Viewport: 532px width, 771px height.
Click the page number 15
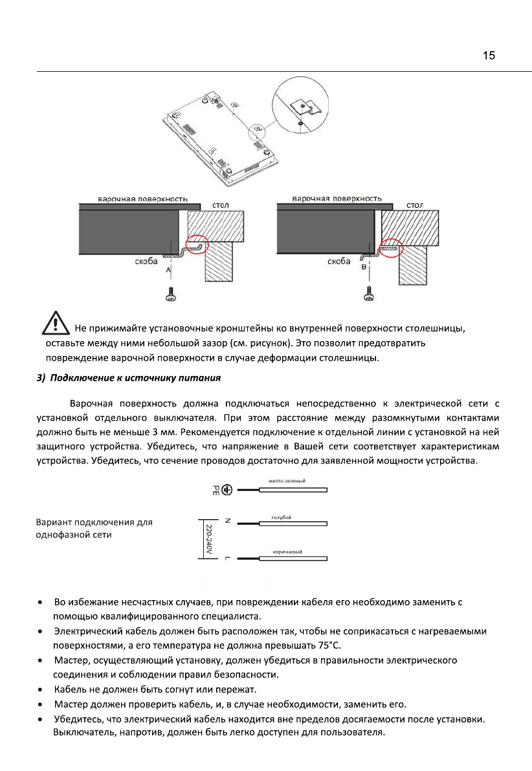click(x=489, y=56)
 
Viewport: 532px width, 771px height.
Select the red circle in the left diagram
click(x=197, y=247)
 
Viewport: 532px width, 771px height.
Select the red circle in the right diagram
click(x=390, y=247)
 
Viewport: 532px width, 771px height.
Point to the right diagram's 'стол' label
click(x=415, y=205)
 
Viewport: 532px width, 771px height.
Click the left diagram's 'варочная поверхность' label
click(x=142, y=198)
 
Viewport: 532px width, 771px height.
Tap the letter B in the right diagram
click(x=364, y=267)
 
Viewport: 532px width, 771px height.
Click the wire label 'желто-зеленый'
click(x=287, y=481)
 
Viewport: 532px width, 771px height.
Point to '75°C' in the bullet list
click(x=325, y=645)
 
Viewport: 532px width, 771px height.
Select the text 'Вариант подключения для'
click(x=94, y=522)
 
